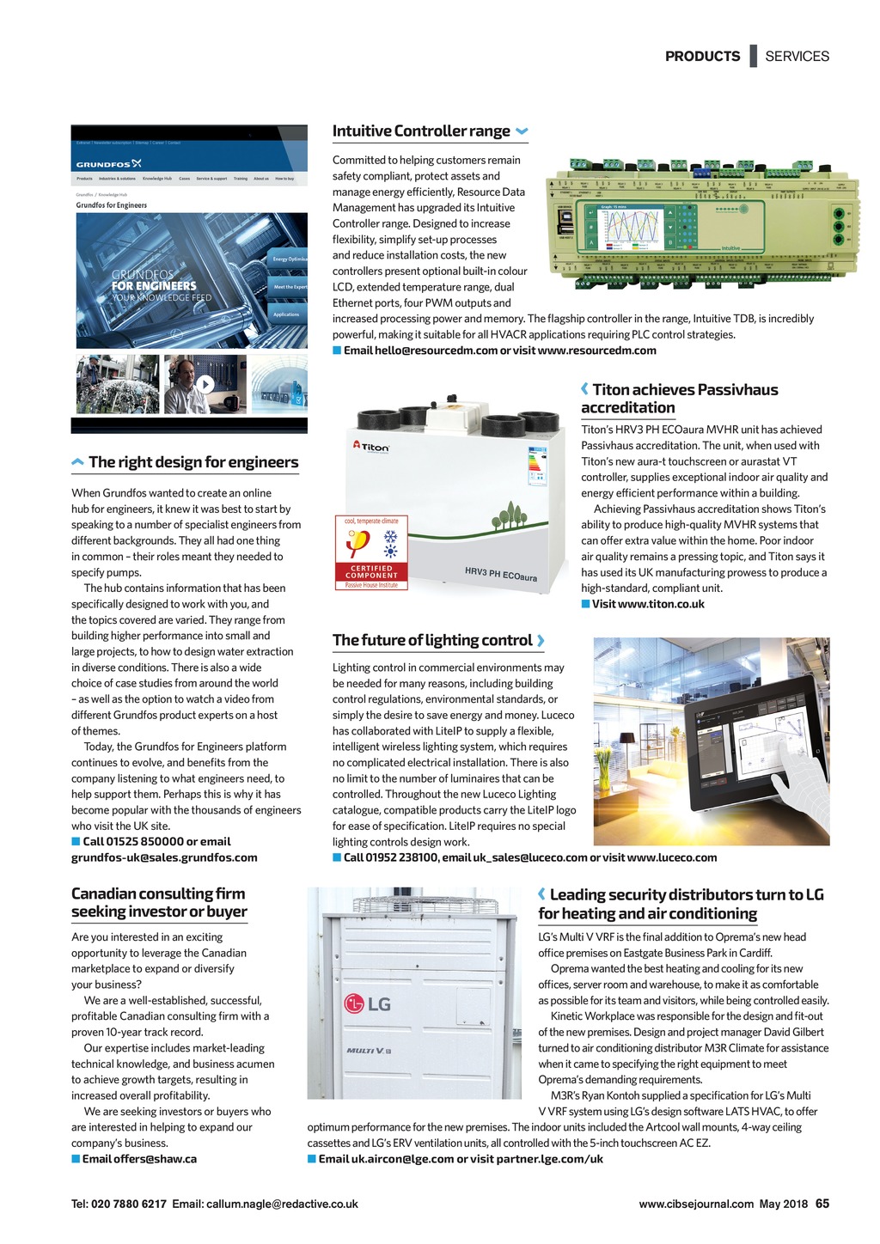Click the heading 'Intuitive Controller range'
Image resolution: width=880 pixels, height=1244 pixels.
click(421, 131)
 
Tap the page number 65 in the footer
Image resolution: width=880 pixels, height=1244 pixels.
click(822, 1204)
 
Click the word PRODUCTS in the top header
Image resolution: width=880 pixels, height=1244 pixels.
click(702, 57)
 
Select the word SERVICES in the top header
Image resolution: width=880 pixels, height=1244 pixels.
click(797, 57)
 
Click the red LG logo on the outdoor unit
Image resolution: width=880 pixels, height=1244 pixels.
click(367, 1003)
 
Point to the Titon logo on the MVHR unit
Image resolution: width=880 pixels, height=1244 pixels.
click(371, 447)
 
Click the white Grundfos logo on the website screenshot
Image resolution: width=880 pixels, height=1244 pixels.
click(108, 163)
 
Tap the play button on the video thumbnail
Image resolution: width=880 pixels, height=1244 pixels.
click(205, 384)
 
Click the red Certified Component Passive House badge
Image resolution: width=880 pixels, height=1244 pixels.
click(371, 553)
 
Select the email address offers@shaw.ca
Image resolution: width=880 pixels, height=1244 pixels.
click(139, 1159)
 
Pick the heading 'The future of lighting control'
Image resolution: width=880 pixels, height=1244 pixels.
click(432, 640)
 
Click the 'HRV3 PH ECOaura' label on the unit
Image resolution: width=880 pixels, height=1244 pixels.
click(500, 574)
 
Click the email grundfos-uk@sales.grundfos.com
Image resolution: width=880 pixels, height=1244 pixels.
click(164, 857)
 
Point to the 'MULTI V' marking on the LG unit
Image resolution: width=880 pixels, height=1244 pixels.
click(370, 1051)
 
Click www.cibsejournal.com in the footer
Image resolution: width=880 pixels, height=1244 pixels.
click(696, 1204)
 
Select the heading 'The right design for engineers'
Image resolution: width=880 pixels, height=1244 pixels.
click(193, 462)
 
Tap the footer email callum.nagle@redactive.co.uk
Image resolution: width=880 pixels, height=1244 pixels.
click(282, 1204)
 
